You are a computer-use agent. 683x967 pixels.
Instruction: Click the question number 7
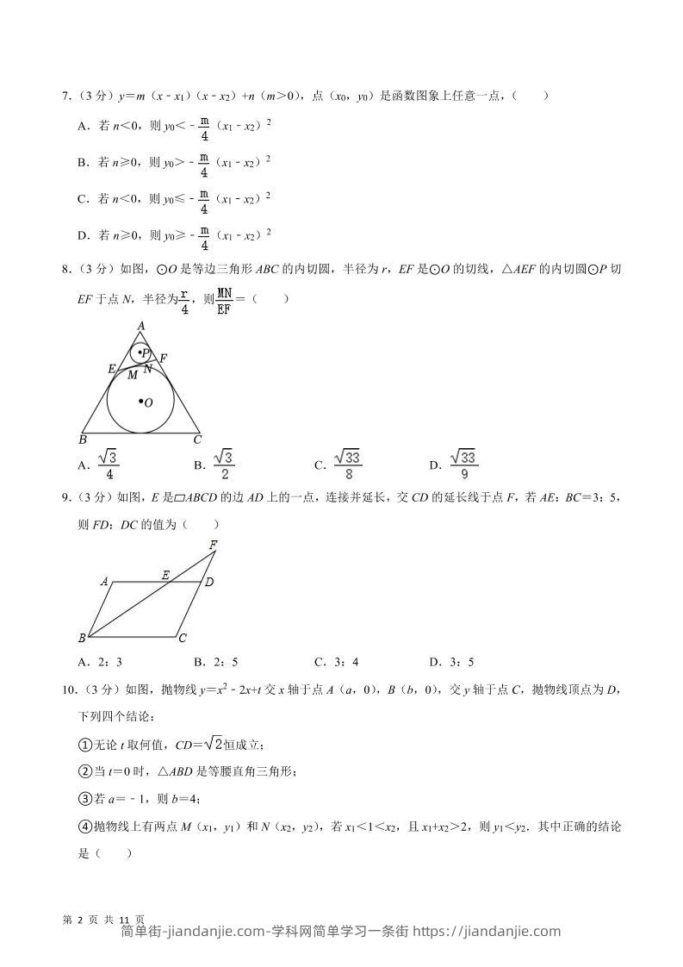[x=65, y=96]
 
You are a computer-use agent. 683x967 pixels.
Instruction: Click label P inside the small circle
[x=144, y=353]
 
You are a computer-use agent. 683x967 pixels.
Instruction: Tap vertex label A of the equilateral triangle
[x=140, y=325]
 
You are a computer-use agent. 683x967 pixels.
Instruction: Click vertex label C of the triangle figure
[x=197, y=440]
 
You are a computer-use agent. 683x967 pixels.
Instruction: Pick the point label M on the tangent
[x=132, y=375]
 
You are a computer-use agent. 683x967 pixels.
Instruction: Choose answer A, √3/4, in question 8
[x=98, y=465]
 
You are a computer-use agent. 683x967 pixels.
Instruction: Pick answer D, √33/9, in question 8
[x=454, y=465]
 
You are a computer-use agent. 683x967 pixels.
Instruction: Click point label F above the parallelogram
[x=213, y=544]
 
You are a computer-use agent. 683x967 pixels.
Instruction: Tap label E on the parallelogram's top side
[x=165, y=573]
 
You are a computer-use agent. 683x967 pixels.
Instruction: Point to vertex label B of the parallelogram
[x=82, y=639]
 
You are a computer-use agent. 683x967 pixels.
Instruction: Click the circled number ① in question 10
[x=84, y=745]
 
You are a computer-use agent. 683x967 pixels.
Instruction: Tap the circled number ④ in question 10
[x=84, y=827]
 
